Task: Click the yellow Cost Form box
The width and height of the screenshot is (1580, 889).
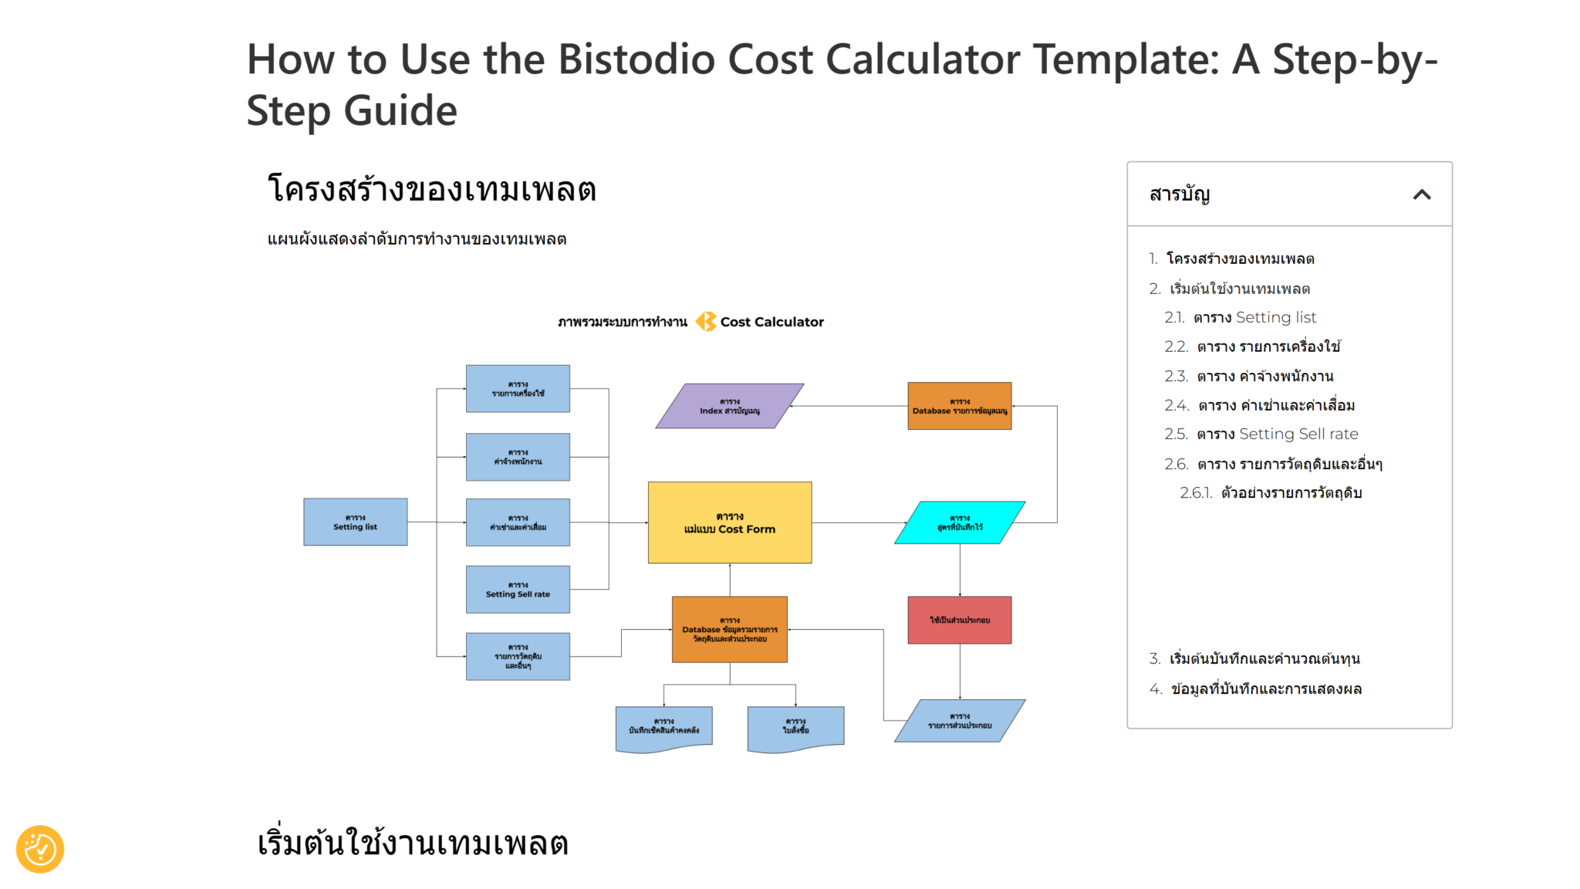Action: pos(729,522)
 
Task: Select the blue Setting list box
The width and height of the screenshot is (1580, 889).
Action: pos(355,522)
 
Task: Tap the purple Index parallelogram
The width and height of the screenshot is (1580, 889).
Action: pos(729,406)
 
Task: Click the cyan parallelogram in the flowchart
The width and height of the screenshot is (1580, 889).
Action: pos(960,522)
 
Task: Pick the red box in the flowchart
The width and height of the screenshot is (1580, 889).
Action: pos(959,620)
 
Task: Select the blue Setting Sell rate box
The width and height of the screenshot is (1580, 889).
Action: pos(518,590)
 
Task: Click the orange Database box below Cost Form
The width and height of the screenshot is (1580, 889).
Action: pos(729,629)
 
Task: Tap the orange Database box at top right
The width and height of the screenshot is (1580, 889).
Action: pos(959,406)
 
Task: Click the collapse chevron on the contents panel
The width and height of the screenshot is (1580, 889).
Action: pos(1421,194)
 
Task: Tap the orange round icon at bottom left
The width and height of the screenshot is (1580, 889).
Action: pos(40,849)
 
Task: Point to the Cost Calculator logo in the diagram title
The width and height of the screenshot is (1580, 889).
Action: pos(706,322)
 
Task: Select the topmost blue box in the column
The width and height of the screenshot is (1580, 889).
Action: pos(518,388)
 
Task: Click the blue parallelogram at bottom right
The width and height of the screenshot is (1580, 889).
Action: pos(960,721)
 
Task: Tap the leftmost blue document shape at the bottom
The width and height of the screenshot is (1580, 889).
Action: pos(663,727)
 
